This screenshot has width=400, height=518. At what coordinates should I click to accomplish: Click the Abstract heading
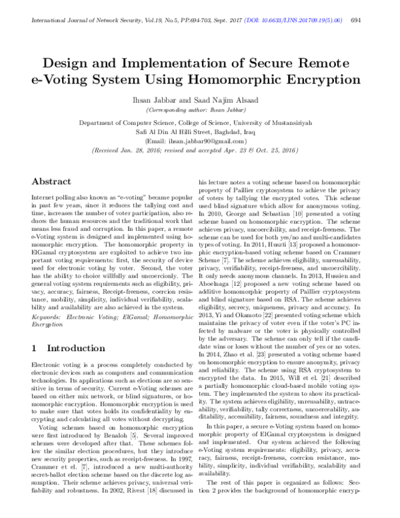pos(51,182)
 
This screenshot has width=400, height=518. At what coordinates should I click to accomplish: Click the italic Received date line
pos(200,151)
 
